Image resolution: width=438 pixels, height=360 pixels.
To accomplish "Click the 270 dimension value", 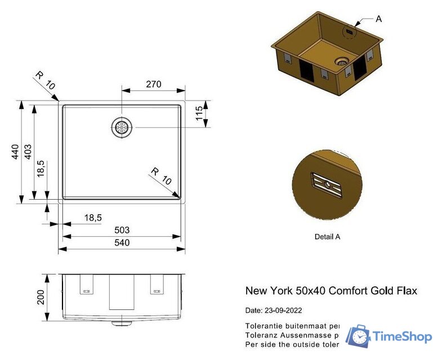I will [x=153, y=84].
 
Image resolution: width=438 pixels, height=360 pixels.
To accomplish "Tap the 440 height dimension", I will [x=16, y=152].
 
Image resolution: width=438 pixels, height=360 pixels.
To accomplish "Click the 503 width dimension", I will [x=122, y=230].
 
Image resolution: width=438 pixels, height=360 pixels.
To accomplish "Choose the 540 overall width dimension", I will [x=122, y=243].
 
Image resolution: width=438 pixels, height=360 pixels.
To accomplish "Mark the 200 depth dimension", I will [x=41, y=297].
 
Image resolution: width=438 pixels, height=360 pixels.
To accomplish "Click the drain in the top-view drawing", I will [x=122, y=127].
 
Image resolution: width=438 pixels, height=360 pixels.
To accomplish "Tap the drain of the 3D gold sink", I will [x=341, y=62].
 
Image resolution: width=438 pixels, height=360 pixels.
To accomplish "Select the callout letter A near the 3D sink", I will [x=378, y=19].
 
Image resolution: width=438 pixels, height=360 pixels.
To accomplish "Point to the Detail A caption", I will [x=327, y=237].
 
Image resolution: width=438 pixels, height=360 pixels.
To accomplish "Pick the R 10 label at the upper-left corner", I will [x=45, y=80].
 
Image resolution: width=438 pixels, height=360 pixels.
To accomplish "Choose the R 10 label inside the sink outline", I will [x=160, y=176].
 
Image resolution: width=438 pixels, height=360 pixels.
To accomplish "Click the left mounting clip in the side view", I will [x=87, y=285].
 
